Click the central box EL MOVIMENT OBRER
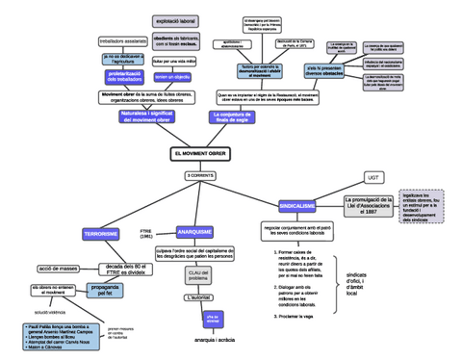pyautogui.click(x=200, y=154)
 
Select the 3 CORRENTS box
pyautogui.click(x=200, y=176)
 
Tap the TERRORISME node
pyautogui.click(x=101, y=234)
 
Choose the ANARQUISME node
pyautogui.click(x=195, y=231)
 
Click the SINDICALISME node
pyautogui.click(x=296, y=206)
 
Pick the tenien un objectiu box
pyautogui.click(x=172, y=75)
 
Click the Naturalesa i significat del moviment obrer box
pyautogui.click(x=147, y=116)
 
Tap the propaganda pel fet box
pyautogui.click(x=107, y=288)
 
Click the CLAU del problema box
pyautogui.click(x=198, y=276)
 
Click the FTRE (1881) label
pyautogui.click(x=146, y=234)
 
